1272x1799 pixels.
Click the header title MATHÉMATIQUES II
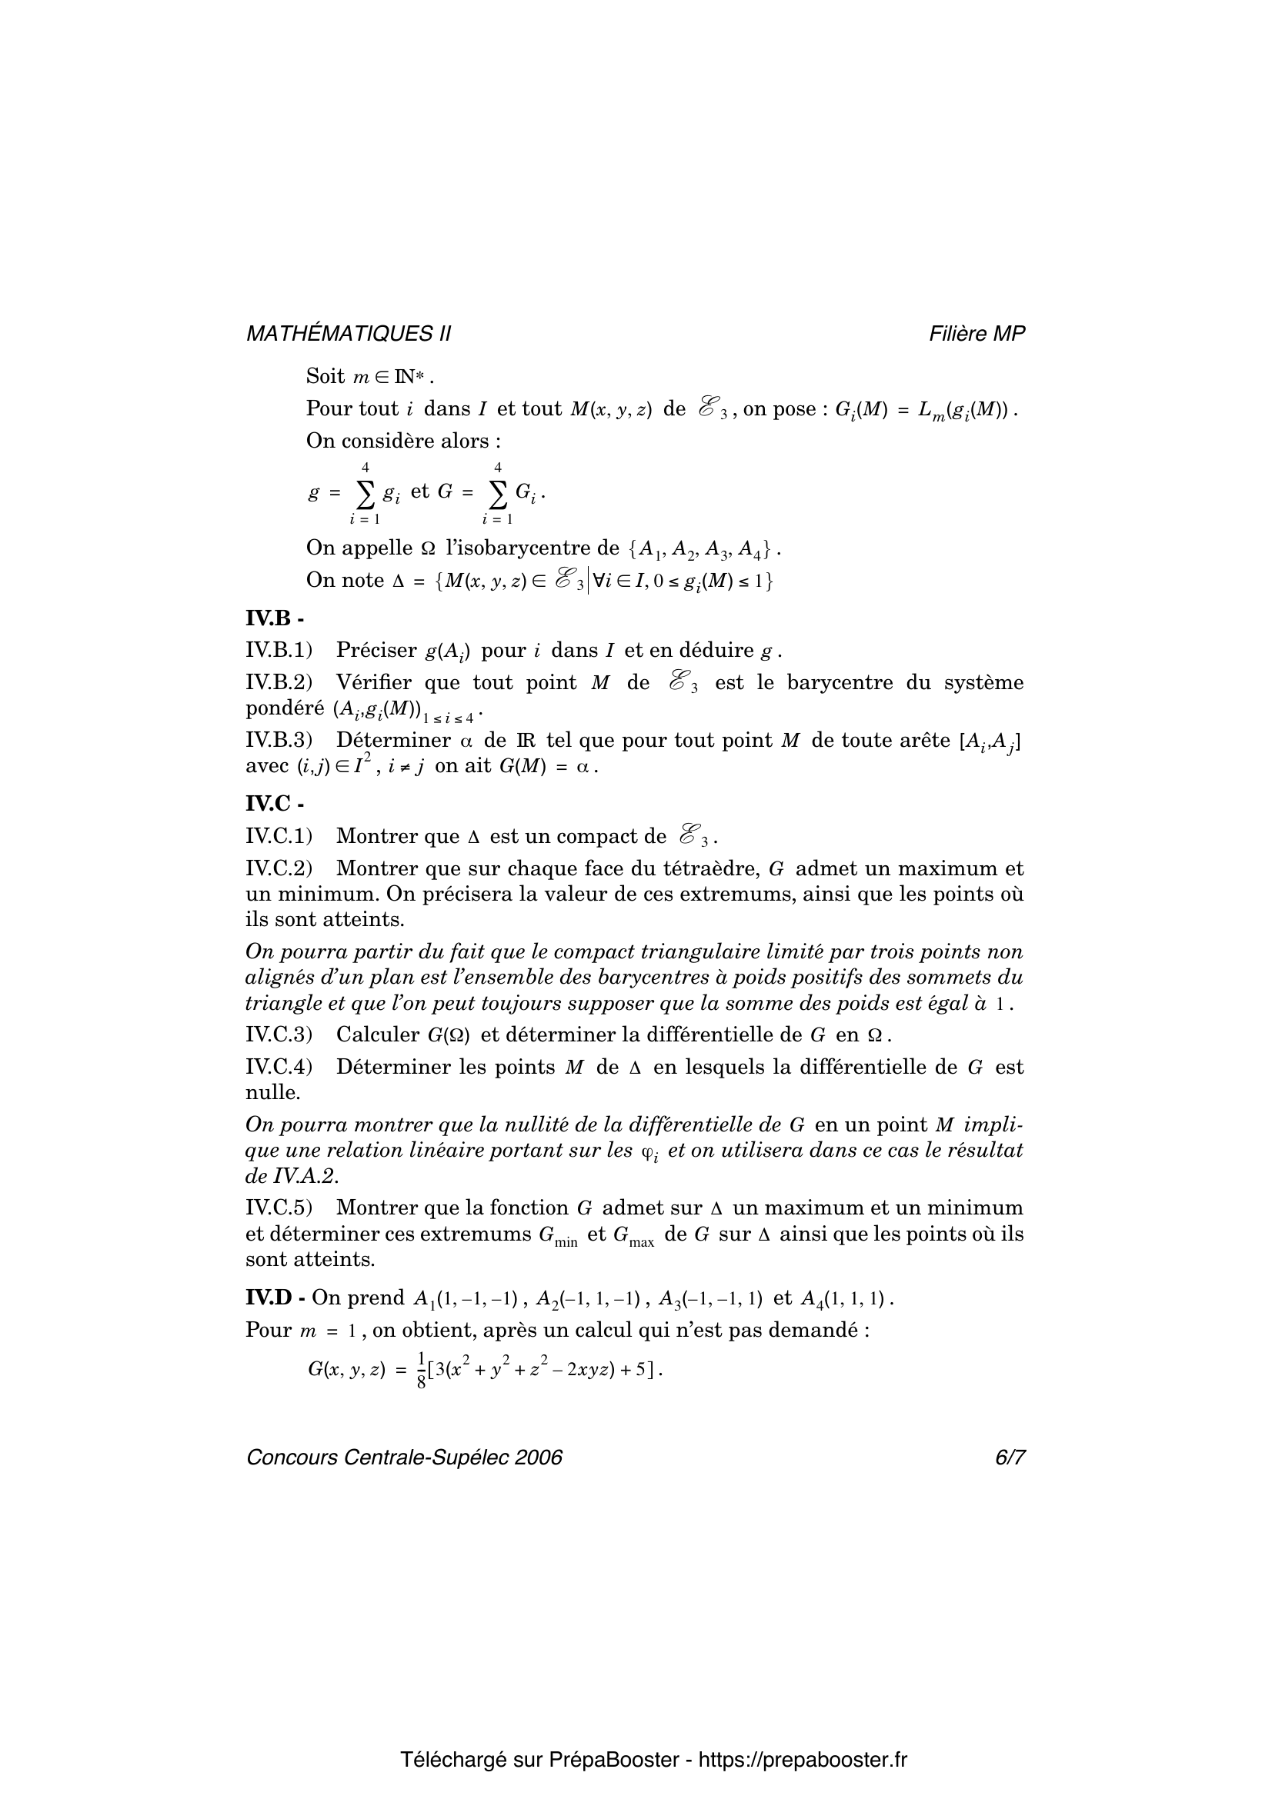(x=348, y=334)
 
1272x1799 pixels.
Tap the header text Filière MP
(x=977, y=334)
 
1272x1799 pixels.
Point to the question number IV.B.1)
(x=279, y=650)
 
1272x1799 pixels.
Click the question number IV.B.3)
(x=279, y=740)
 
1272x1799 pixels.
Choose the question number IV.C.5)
(x=279, y=1208)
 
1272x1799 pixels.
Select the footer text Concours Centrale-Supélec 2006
(x=405, y=1457)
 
